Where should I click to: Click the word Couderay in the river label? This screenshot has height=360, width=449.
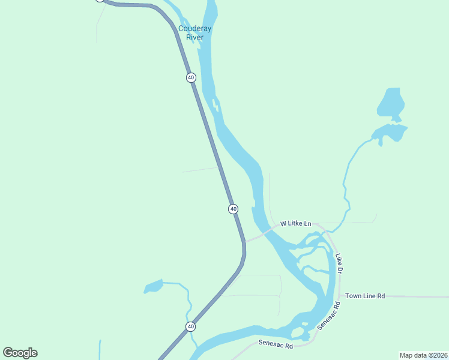click(x=195, y=29)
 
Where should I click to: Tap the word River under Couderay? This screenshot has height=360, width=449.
click(x=194, y=37)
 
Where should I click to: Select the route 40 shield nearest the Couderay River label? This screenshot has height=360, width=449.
click(x=191, y=77)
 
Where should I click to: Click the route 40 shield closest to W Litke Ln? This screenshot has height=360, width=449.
click(x=233, y=209)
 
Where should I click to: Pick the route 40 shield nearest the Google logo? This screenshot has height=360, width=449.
click(x=190, y=326)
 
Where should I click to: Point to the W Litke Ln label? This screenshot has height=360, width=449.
click(x=295, y=224)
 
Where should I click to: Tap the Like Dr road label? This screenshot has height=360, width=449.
click(x=339, y=264)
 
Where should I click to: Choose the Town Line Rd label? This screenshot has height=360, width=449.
click(x=364, y=296)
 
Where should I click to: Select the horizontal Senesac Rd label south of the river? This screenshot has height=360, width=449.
click(x=276, y=345)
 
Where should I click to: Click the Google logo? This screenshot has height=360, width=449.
click(x=20, y=353)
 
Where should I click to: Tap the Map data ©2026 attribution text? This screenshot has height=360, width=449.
click(x=423, y=355)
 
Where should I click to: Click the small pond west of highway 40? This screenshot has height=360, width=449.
click(x=154, y=286)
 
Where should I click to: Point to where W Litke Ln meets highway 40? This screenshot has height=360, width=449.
click(x=244, y=242)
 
